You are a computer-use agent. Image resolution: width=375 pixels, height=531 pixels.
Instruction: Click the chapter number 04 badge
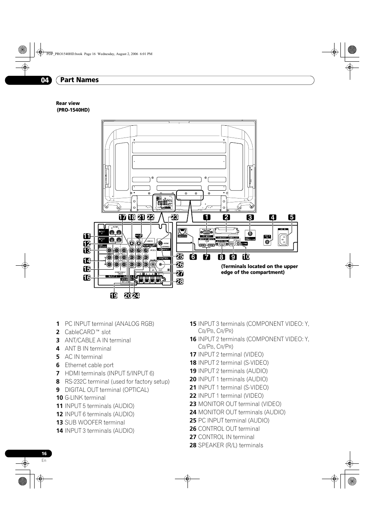[x=45, y=80]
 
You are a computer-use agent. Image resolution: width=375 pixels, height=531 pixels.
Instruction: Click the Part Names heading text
[x=80, y=80]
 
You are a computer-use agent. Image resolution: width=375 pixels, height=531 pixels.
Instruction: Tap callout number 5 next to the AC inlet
[x=291, y=217]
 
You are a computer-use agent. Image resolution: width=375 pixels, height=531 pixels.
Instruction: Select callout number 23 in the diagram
[x=175, y=217]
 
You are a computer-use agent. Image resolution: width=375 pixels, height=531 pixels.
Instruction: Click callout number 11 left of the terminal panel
[x=87, y=236]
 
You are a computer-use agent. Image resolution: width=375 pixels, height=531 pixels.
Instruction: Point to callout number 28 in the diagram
[x=180, y=281]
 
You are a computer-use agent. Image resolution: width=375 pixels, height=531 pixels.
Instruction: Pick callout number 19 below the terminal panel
[x=114, y=296]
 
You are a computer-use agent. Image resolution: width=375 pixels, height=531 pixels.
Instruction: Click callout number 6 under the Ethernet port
[x=193, y=257]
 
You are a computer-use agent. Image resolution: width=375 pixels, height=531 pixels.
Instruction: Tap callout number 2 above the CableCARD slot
[x=226, y=217]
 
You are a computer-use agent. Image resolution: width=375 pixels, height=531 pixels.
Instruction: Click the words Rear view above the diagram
[x=68, y=103]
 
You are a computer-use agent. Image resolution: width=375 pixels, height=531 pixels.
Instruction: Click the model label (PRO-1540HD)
[x=74, y=110]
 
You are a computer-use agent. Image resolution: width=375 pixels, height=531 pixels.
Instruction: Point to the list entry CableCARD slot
[x=88, y=332]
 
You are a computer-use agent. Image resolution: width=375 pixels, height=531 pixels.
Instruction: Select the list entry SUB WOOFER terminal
[x=95, y=423]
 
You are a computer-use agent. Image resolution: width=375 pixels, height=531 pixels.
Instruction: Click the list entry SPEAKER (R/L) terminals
[x=230, y=445]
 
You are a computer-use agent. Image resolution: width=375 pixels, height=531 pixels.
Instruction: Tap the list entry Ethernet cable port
[x=89, y=365]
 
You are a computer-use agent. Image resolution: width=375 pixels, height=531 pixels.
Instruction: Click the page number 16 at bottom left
[x=44, y=454]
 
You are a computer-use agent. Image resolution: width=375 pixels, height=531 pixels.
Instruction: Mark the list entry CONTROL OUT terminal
[x=229, y=429]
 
